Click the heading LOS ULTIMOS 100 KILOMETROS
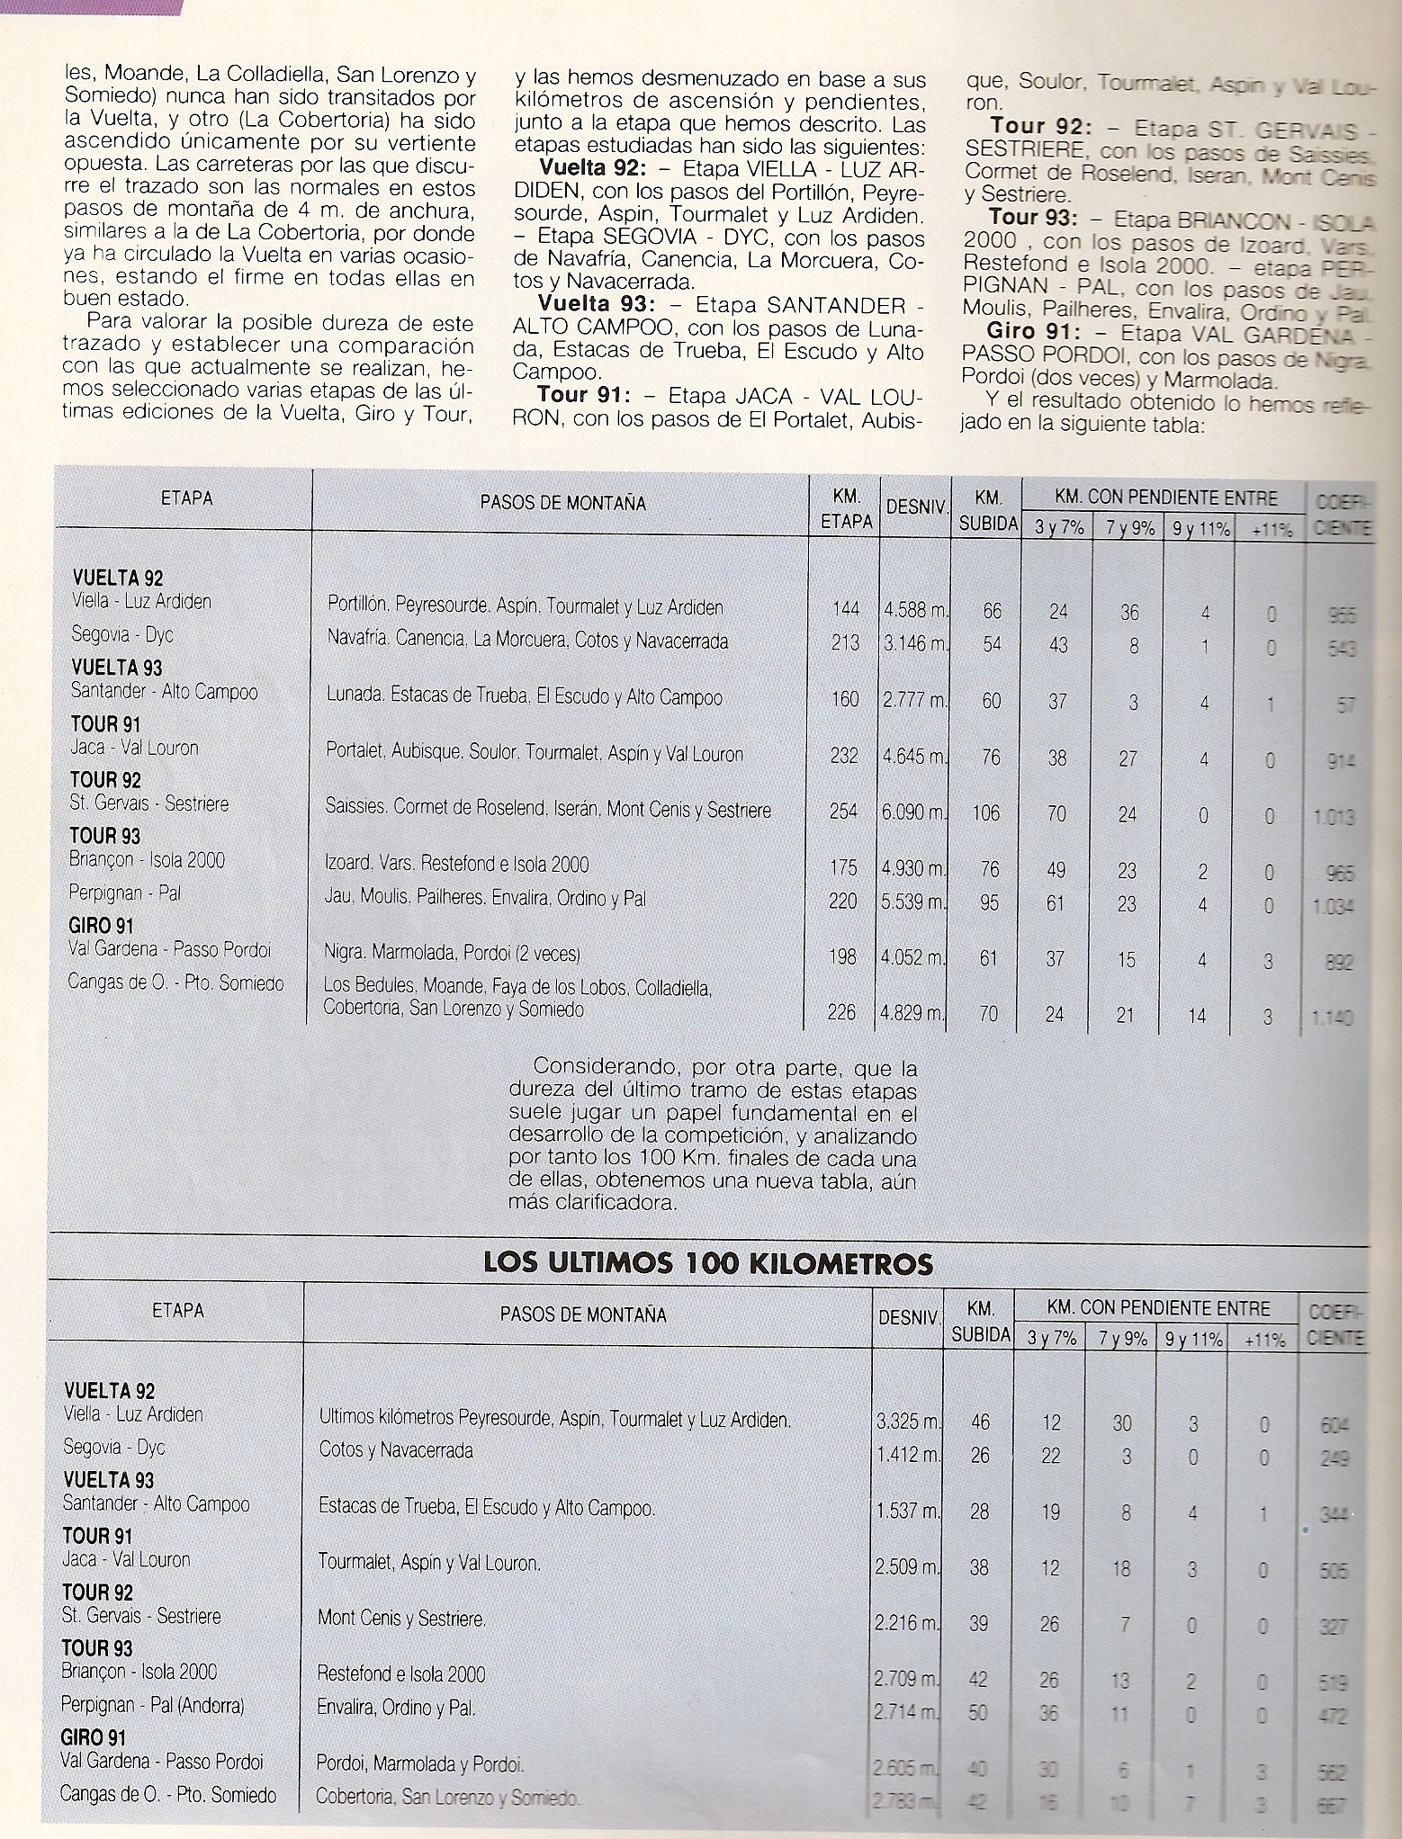point(709,1262)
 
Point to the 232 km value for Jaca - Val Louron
point(844,756)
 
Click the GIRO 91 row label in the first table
point(101,926)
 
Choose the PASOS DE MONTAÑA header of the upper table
point(562,503)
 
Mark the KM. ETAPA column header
point(846,508)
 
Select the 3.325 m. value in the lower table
point(907,1422)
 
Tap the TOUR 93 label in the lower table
point(96,1648)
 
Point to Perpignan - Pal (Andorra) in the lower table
point(153,1705)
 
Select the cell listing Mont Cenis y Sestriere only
point(401,1619)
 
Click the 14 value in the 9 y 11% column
point(1198,1014)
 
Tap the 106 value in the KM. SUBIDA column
point(986,813)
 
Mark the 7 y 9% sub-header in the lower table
point(1121,1339)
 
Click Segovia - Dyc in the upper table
point(122,635)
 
